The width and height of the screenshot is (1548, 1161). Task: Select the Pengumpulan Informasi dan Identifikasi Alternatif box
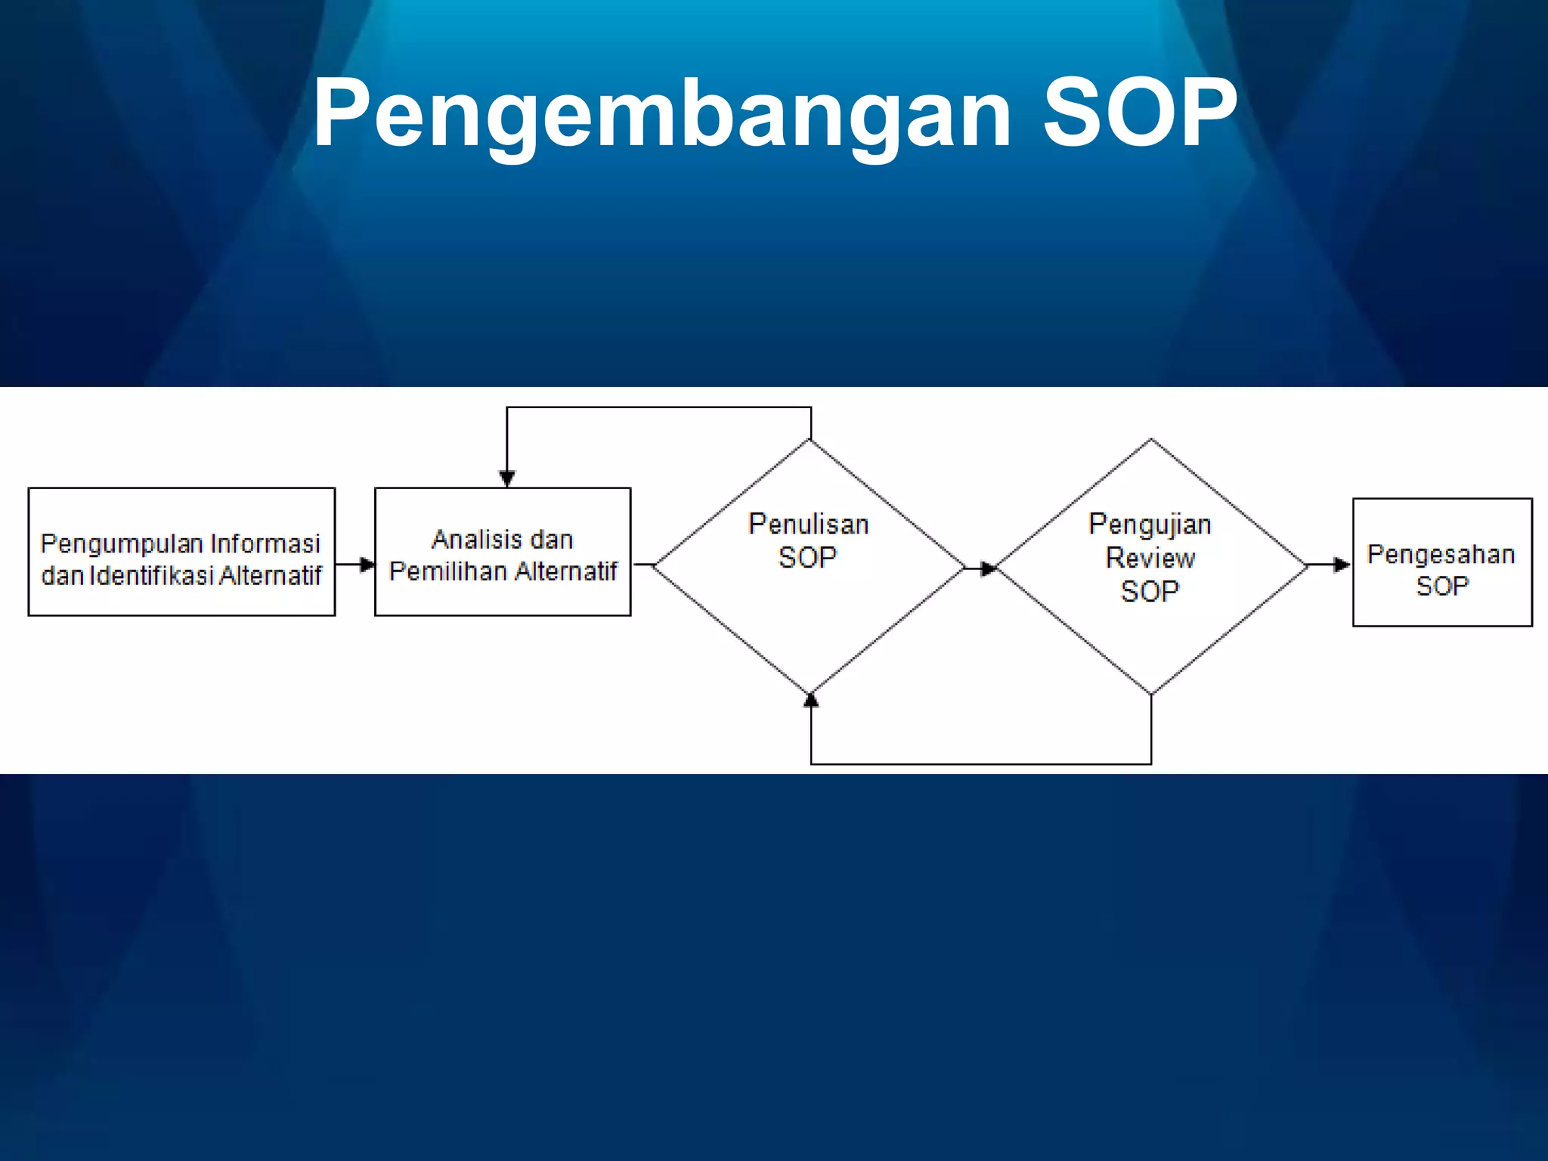click(181, 552)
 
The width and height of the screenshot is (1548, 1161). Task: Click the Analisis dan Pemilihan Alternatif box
click(503, 552)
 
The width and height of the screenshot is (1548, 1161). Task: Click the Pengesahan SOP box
click(1441, 562)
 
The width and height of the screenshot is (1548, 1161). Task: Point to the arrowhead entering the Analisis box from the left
click(367, 565)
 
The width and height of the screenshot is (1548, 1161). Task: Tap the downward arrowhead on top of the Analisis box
click(507, 478)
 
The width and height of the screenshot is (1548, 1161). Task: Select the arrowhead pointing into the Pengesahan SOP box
click(1342, 565)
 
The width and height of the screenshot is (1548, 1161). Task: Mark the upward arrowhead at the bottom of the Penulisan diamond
click(811, 701)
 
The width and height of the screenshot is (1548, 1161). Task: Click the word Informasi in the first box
click(265, 543)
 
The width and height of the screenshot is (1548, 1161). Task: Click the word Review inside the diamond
click(1150, 558)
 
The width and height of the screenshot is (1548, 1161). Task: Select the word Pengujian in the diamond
click(1150, 525)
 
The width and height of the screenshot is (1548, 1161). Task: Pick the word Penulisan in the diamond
click(808, 525)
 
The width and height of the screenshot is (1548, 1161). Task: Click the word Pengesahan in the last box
click(1441, 554)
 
